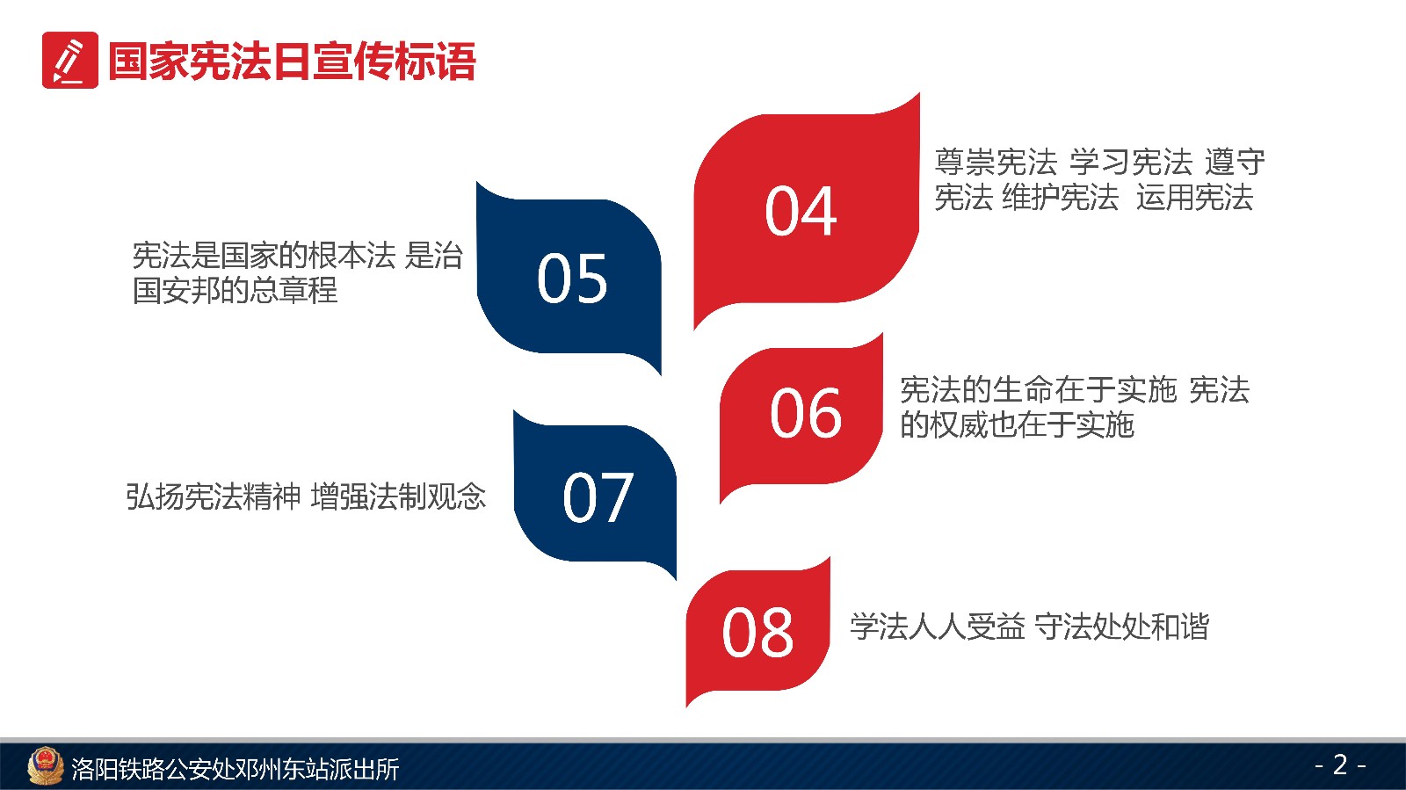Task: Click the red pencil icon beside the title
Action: tap(70, 61)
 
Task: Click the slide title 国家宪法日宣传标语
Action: tap(292, 62)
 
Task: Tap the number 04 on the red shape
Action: tap(801, 211)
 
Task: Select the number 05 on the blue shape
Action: tap(572, 279)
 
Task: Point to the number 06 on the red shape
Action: tap(806, 413)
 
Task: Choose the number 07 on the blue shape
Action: tap(598, 497)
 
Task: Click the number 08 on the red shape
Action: tap(757, 633)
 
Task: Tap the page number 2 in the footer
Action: tap(1340, 765)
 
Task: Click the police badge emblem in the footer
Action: tap(45, 765)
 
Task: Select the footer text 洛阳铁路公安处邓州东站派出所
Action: tap(235, 769)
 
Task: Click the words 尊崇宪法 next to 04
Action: tap(997, 162)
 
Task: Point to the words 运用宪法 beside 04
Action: tap(1194, 197)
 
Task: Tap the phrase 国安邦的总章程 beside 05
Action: tap(235, 290)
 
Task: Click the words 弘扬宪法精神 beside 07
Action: tap(214, 496)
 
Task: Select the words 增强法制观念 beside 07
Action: tap(398, 496)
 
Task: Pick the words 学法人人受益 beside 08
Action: tap(938, 627)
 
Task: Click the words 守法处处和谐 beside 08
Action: tap(1121, 627)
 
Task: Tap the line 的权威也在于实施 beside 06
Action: tap(1017, 424)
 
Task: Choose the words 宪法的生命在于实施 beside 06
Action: tap(1038, 389)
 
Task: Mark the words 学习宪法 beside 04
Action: tap(1130, 162)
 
